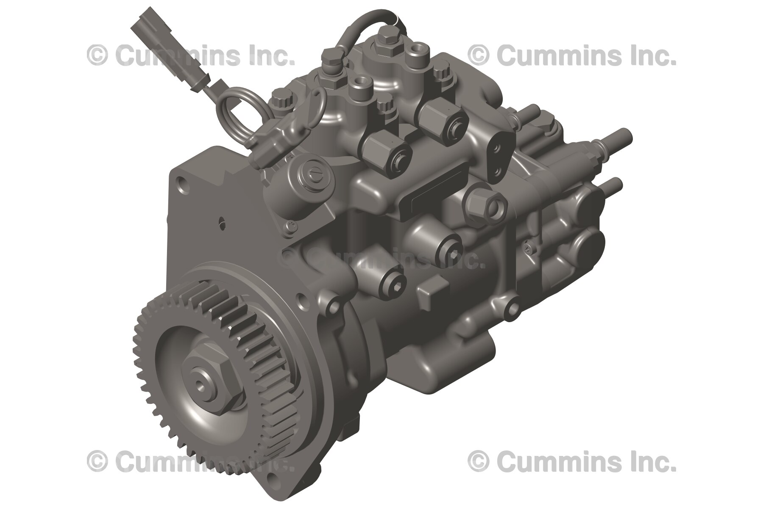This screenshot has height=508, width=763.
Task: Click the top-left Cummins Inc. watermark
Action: pyautogui.click(x=191, y=55)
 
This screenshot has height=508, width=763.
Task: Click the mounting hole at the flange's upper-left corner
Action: pyautogui.click(x=182, y=185)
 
